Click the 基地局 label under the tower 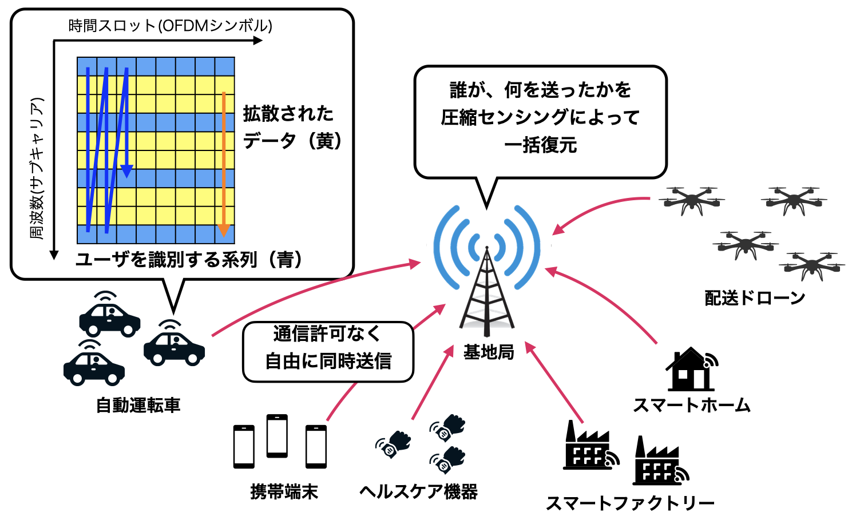[x=488, y=352]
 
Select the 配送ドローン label [x=755, y=298]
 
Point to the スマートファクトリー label [x=630, y=503]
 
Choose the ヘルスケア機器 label [x=418, y=491]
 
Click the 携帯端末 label [x=284, y=491]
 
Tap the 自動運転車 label [x=138, y=405]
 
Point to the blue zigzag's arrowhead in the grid [x=126, y=171]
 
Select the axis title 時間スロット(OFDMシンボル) [x=170, y=26]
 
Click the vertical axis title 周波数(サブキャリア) [x=37, y=169]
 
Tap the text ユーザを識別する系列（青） [x=189, y=260]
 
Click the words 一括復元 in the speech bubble [x=540, y=145]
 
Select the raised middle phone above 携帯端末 [x=277, y=435]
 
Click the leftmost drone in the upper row [x=691, y=200]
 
